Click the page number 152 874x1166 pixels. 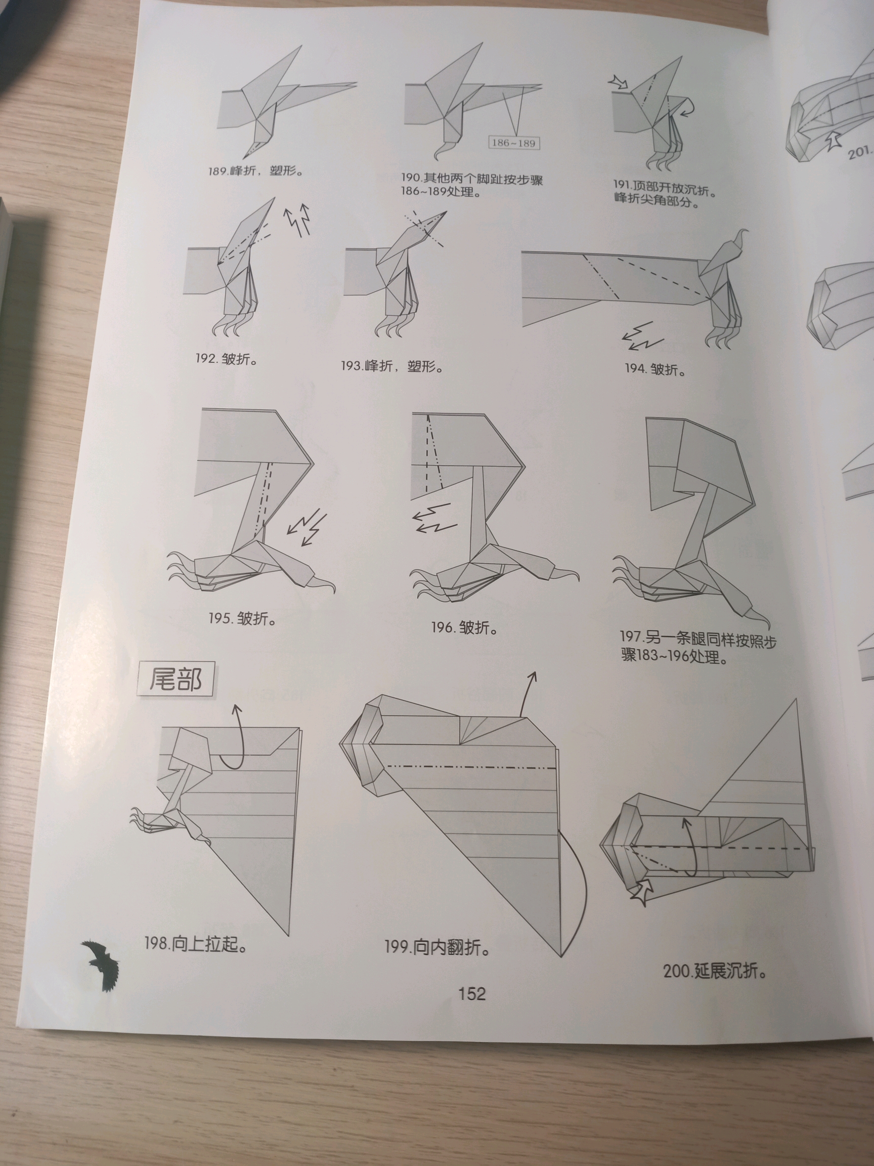(472, 993)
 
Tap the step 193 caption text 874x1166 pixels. (391, 365)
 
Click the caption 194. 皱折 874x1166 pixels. (656, 369)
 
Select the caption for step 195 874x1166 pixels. (242, 618)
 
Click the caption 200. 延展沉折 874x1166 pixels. (714, 971)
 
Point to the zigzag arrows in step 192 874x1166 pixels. (296, 220)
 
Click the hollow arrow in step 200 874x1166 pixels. (642, 892)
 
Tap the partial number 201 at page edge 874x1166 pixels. (859, 153)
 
